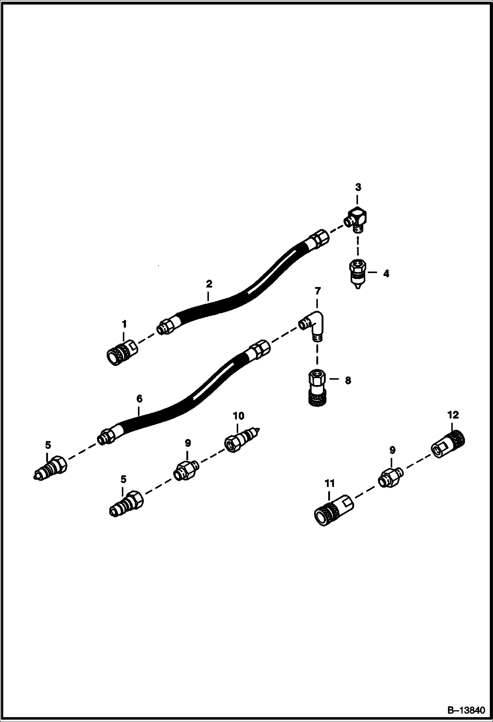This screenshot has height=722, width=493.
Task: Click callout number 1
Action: pos(124,324)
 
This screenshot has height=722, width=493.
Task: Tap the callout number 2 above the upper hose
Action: pos(209,284)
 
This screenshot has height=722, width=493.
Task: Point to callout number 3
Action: pos(358,187)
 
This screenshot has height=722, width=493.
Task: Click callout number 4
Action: pos(386,273)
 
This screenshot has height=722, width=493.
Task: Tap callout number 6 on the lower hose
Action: pos(139,399)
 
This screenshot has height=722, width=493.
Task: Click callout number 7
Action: pos(318,291)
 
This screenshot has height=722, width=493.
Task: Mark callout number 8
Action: pos(348,380)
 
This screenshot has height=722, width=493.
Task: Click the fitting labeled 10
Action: pos(242,438)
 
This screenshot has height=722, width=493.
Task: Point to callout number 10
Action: pos(239,416)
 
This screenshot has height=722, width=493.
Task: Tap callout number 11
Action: pos(329,483)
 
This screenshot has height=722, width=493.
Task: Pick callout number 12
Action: pos(453,415)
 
